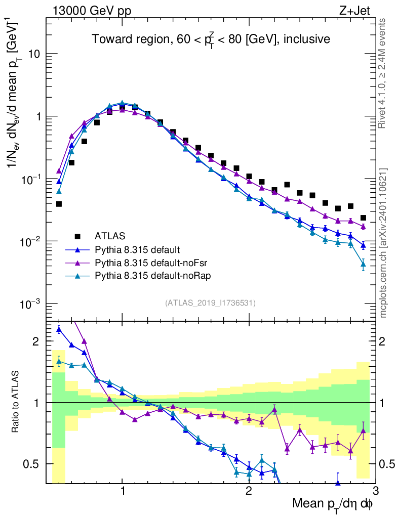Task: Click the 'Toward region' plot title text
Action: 211,39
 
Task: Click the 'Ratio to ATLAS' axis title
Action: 16,402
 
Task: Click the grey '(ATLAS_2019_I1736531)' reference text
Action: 210,303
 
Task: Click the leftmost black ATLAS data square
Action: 59,204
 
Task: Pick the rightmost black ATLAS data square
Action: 363,218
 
